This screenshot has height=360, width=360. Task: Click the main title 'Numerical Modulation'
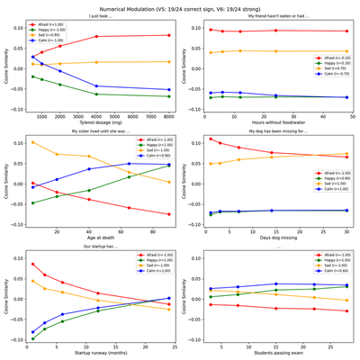coord(180,5)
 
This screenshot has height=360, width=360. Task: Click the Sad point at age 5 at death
coord(33,142)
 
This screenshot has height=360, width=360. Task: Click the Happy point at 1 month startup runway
coord(33,339)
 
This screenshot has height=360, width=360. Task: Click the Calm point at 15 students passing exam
coord(276,283)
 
